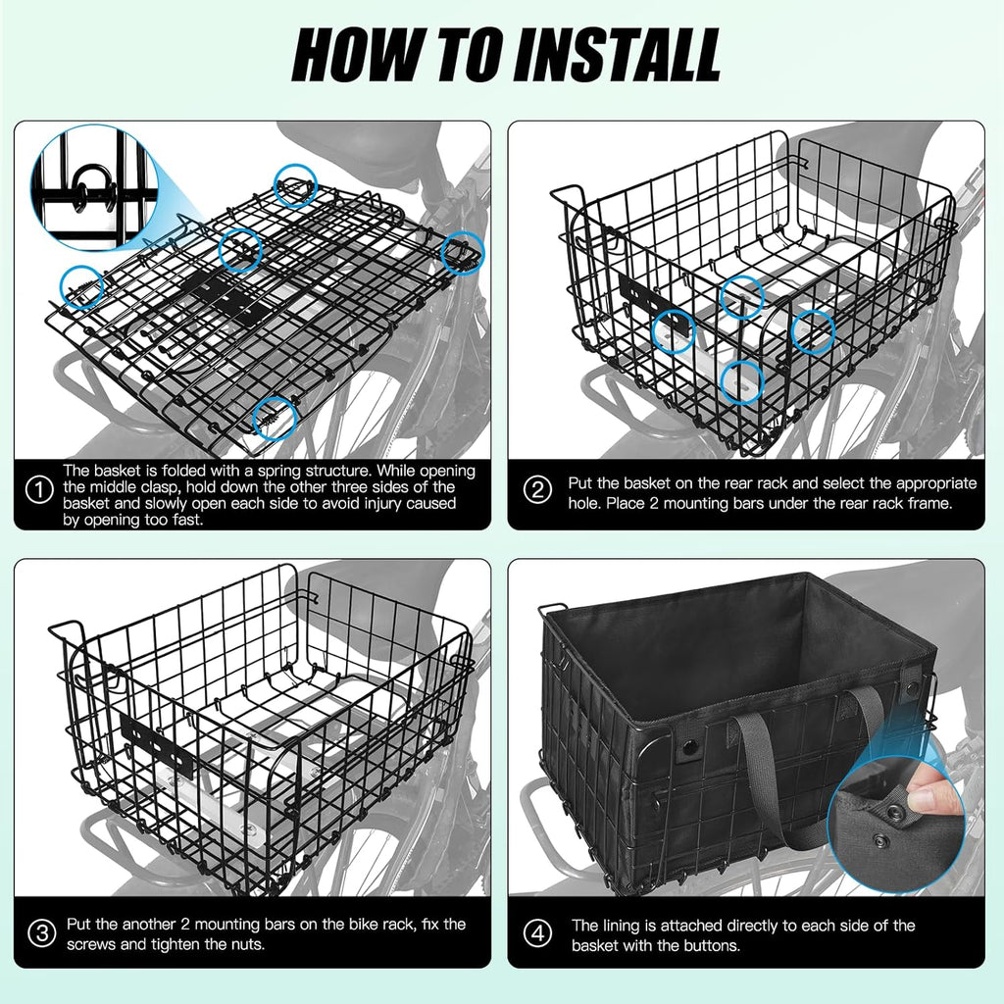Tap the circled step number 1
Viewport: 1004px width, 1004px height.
tap(39, 491)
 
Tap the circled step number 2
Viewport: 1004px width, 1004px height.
tap(537, 491)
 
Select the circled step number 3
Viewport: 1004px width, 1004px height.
tap(41, 932)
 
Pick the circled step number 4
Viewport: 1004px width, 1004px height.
tap(537, 933)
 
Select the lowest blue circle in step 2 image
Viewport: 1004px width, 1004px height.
tap(743, 381)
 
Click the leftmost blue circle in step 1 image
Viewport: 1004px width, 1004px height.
tap(82, 287)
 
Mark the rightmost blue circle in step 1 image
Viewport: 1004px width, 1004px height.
tap(463, 252)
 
